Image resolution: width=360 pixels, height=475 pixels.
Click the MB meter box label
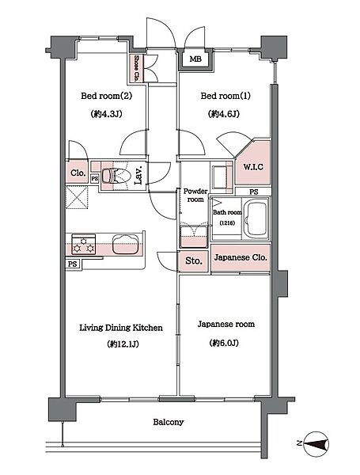(195, 59)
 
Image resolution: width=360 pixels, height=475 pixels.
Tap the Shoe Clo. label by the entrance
(137, 68)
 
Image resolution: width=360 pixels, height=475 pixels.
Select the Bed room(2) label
(106, 96)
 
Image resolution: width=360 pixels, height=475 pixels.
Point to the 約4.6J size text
(224, 114)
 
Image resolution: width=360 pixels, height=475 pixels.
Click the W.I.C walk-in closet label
(253, 167)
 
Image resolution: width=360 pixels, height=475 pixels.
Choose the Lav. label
(138, 175)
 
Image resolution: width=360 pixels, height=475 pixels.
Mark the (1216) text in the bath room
(227, 223)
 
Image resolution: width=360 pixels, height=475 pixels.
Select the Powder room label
(195, 196)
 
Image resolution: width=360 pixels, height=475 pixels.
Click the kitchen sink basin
(125, 244)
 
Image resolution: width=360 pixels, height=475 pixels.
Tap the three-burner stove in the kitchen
(83, 245)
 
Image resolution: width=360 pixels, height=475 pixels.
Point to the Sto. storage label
(193, 260)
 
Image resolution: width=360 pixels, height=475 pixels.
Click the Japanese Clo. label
(241, 257)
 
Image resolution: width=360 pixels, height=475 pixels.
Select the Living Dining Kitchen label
(121, 328)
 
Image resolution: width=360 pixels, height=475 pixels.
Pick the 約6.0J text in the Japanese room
(224, 343)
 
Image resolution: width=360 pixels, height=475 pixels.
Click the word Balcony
(168, 422)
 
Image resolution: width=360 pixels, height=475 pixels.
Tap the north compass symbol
(316, 444)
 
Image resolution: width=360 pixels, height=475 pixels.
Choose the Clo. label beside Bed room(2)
(78, 173)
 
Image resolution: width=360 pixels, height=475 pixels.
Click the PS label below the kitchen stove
(72, 264)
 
